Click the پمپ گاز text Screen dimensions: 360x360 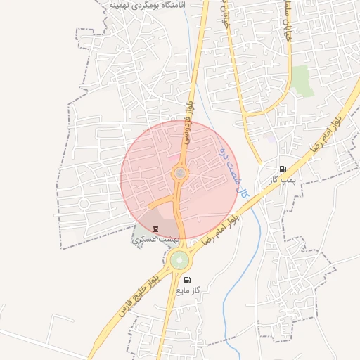click(x=280, y=181)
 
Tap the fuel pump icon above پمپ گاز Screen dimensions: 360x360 click(x=283, y=169)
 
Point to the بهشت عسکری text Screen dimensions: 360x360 click(x=155, y=240)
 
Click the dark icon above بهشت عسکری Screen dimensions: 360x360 click(x=155, y=229)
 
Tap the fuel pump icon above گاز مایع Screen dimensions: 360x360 click(x=186, y=280)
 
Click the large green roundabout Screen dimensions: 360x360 click(x=179, y=261)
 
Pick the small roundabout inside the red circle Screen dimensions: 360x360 click(x=181, y=173)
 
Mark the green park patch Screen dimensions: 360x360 click(x=302, y=79)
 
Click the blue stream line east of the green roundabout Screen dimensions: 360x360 click(x=229, y=281)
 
